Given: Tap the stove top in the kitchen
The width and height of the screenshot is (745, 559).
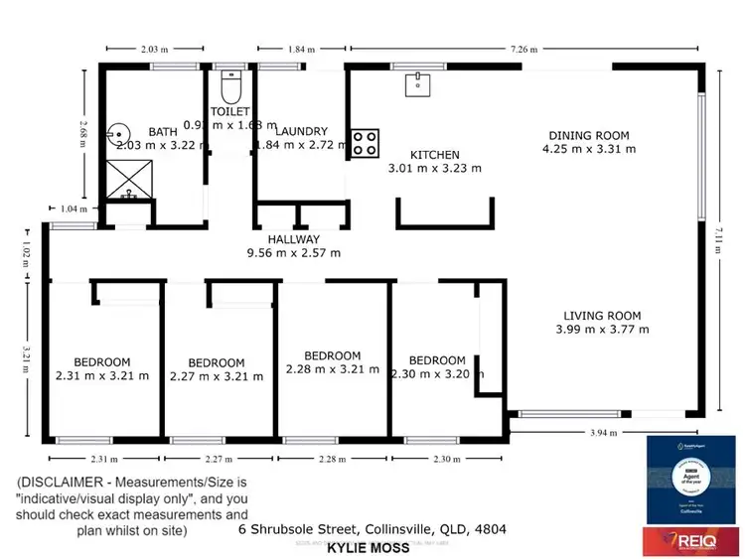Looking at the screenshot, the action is click(364, 142).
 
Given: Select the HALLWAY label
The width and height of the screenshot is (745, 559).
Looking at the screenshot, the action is click(293, 239).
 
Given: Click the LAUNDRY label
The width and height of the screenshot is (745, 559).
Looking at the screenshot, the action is click(296, 131).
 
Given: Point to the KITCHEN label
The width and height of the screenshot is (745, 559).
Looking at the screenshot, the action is click(435, 155).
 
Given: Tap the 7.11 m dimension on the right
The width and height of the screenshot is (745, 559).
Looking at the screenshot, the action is click(718, 241).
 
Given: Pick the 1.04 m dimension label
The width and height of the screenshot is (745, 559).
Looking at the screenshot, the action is click(68, 209).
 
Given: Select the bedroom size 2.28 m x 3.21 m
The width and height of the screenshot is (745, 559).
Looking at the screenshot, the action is click(332, 369).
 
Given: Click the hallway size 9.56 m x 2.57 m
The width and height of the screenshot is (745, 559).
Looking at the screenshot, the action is click(293, 253).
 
